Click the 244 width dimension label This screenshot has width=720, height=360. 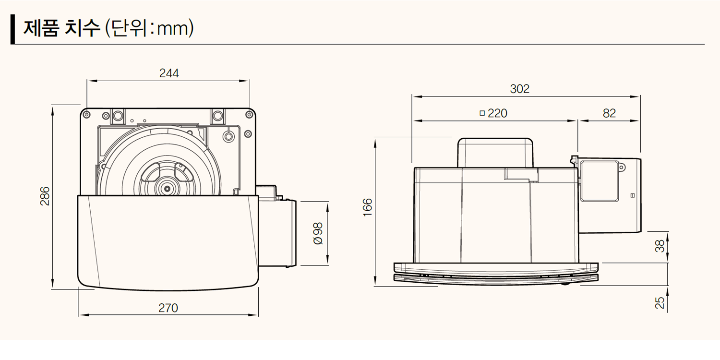168,73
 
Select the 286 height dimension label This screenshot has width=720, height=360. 45,196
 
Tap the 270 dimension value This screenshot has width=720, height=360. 168,308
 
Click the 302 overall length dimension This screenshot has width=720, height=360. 519,89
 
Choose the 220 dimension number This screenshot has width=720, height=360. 497,113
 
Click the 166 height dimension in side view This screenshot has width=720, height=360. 368,207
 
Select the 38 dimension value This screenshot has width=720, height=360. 660,246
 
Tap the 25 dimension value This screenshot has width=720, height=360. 660,302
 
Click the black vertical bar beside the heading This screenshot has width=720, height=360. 13,29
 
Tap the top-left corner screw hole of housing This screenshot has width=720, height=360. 86,115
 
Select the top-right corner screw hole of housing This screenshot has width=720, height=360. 249,115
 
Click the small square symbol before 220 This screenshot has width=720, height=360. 482,113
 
